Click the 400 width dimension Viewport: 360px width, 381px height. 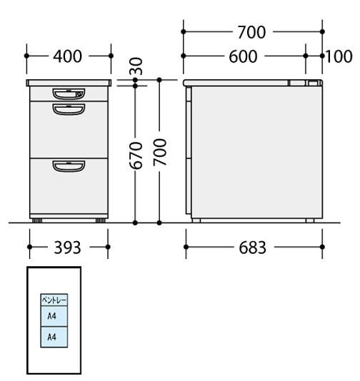coord(67,56)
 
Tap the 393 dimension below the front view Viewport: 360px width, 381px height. coord(67,248)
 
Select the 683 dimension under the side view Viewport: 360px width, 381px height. coord(252,248)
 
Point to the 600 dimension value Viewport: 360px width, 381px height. coord(243,56)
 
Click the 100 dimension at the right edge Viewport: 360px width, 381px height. coord(339,56)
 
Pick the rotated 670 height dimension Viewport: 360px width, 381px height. coord(135,156)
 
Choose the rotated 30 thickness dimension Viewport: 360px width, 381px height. coord(136,66)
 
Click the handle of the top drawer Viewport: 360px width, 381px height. coord(69,94)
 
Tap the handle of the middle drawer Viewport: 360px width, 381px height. coord(69,109)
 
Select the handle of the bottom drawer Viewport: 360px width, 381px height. coord(69,166)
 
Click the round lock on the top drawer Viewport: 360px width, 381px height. coord(79,94)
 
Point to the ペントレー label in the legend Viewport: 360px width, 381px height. coord(54,300)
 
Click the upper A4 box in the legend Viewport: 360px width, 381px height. coord(54,316)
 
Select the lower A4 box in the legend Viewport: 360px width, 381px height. coord(54,337)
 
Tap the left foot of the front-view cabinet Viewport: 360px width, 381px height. coord(37,220)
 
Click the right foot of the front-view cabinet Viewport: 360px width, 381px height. coord(101,220)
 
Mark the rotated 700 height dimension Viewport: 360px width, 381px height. coord(159,152)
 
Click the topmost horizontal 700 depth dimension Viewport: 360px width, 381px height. coord(251,32)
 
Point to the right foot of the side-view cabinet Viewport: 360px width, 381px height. coord(310,220)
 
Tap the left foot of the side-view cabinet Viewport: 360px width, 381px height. coord(196,220)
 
